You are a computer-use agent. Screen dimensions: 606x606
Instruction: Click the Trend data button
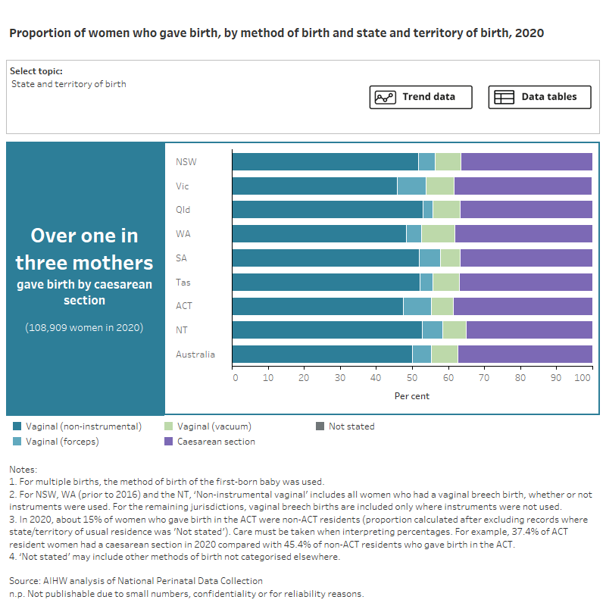(x=420, y=97)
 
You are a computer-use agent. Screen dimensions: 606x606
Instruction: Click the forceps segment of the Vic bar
(x=411, y=186)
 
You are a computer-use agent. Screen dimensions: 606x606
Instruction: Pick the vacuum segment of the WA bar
(x=438, y=234)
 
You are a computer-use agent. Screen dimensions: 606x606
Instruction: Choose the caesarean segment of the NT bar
(x=529, y=330)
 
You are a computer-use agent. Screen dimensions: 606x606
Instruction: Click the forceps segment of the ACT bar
(x=417, y=306)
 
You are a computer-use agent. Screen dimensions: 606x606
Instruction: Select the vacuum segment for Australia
(x=444, y=355)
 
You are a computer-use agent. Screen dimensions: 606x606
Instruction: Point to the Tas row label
(x=183, y=283)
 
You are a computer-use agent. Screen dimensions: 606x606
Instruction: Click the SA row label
(x=182, y=258)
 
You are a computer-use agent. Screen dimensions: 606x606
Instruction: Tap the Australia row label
(x=195, y=355)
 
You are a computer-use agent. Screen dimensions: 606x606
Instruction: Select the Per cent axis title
(x=411, y=395)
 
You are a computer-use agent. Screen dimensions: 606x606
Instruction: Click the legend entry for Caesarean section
(x=216, y=442)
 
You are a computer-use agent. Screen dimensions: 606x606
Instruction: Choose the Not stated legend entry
(x=351, y=426)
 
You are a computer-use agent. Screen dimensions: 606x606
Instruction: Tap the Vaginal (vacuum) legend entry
(x=214, y=426)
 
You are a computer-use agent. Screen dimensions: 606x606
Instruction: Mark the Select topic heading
(x=36, y=71)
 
